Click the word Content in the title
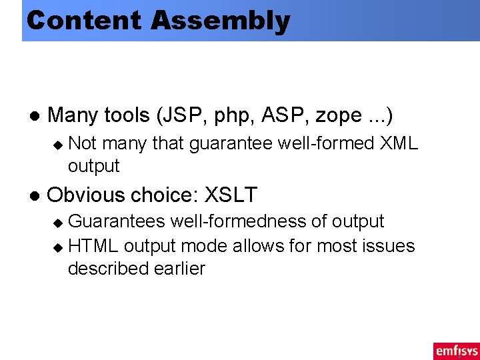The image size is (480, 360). [x=84, y=20]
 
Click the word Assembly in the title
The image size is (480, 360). [x=220, y=21]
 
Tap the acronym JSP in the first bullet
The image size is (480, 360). [x=181, y=115]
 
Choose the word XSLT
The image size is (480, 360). [x=230, y=195]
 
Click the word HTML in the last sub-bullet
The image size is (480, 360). [x=93, y=246]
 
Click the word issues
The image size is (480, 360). [x=389, y=246]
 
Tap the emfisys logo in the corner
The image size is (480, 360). [x=456, y=350]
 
